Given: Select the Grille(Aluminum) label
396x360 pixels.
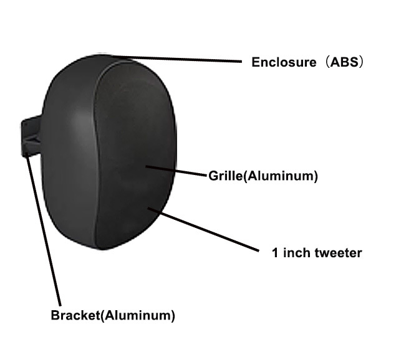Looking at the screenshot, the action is click(263, 176).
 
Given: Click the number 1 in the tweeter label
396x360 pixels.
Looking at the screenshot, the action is click(274, 253).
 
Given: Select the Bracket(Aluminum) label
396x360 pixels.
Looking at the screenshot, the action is click(112, 315).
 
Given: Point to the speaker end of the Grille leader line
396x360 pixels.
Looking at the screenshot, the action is click(147, 166).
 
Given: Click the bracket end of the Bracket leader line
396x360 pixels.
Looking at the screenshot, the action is click(29, 156).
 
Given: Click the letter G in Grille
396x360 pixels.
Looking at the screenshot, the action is click(212, 176).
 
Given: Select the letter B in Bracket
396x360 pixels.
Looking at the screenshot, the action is click(55, 315).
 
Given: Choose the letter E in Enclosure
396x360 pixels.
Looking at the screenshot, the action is click(255, 63).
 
